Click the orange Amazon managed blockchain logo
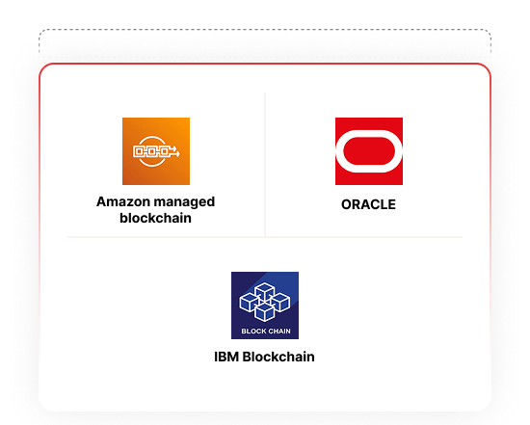156,151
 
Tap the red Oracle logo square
369,151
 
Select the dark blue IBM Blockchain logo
265,305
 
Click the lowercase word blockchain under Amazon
155,218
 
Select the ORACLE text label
368,204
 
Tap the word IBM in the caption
226,357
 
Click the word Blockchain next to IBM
278,357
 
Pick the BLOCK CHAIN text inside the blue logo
266,331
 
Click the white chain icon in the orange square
156,151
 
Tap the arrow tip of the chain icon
179,154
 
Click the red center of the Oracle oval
369,151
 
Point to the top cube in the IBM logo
265,291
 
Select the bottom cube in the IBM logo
265,311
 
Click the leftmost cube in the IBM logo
250,302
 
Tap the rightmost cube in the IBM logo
280,302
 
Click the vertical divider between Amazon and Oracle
265,165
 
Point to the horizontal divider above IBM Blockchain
265,237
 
